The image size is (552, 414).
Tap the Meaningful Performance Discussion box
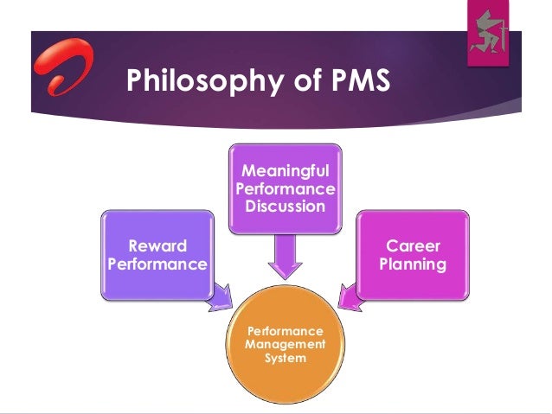(285, 188)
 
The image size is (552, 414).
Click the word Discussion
(285, 207)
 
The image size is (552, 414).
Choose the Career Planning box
(413, 254)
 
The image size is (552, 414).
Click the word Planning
(413, 264)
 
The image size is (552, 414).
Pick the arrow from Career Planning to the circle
(349, 296)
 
